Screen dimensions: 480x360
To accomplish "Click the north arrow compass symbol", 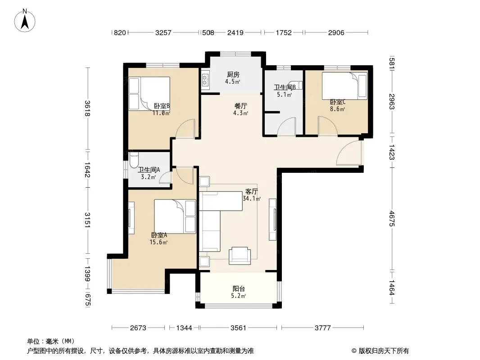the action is (x=25, y=21).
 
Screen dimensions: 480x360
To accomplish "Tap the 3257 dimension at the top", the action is (x=163, y=32).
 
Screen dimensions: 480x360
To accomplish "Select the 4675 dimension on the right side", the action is (x=392, y=219).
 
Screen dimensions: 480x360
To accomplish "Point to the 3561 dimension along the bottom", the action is (x=238, y=328).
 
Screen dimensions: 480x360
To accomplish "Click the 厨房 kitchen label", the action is (x=233, y=74).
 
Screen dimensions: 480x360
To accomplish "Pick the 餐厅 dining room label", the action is (x=240, y=106).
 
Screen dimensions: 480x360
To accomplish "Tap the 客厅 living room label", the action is (x=251, y=191).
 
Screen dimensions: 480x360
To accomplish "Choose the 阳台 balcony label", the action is (x=239, y=288).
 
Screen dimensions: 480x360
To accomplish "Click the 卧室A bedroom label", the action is (x=159, y=235).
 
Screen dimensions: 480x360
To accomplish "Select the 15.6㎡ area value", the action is (x=158, y=242).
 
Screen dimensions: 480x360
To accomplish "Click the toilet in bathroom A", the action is (x=134, y=160).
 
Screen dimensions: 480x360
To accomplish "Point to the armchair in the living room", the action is (x=240, y=256).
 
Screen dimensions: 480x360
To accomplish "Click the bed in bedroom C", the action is (x=344, y=85).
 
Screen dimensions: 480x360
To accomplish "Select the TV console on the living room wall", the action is (x=272, y=219).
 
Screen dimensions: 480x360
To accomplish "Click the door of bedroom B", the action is (x=186, y=128).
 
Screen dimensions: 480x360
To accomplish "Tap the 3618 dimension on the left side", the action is (x=87, y=108).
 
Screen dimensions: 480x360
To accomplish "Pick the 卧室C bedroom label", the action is (x=338, y=102).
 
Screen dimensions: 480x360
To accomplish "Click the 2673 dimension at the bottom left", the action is (x=138, y=328).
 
